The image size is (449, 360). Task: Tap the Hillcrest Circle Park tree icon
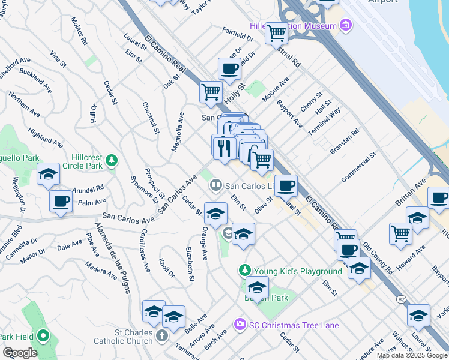point(111,160)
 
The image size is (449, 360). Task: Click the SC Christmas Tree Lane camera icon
point(240,325)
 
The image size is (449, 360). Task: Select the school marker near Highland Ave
point(48,175)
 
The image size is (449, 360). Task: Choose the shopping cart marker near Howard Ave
point(400,232)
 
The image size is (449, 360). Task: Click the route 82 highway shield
point(400,298)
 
